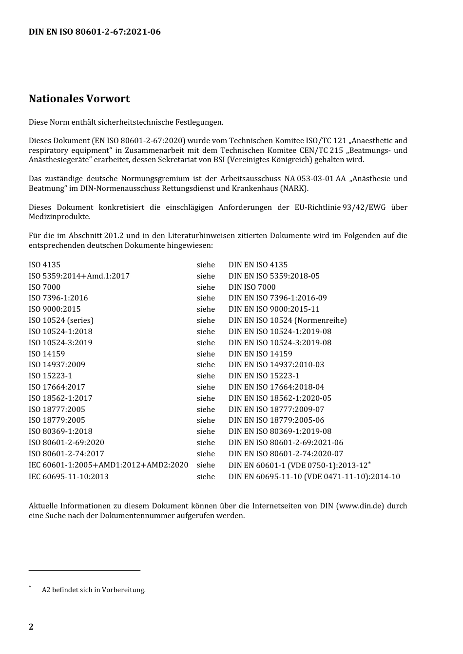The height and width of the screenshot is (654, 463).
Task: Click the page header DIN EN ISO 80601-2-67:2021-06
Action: (95, 32)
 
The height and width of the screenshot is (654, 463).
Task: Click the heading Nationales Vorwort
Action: (79, 99)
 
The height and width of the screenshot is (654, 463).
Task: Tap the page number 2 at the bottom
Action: (31, 627)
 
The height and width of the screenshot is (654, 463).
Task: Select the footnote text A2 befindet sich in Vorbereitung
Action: (94, 590)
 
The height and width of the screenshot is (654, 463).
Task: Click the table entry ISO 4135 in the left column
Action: (44, 265)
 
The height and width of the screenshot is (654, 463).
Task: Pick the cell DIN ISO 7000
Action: (252, 287)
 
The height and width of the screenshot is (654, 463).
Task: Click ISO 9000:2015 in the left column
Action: (55, 309)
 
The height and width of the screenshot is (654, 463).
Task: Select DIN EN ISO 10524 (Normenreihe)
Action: (288, 320)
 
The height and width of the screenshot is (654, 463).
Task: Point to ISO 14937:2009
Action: (57, 365)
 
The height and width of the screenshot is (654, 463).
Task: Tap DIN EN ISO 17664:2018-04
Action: (276, 387)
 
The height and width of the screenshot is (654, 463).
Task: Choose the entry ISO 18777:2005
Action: (57, 410)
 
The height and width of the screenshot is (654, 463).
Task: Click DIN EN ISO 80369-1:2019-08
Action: (280, 431)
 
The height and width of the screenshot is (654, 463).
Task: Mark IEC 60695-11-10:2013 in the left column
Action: (68, 477)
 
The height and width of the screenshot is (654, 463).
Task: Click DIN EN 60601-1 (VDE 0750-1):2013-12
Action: (298, 466)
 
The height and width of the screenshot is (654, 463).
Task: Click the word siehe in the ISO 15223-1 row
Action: (206, 376)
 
